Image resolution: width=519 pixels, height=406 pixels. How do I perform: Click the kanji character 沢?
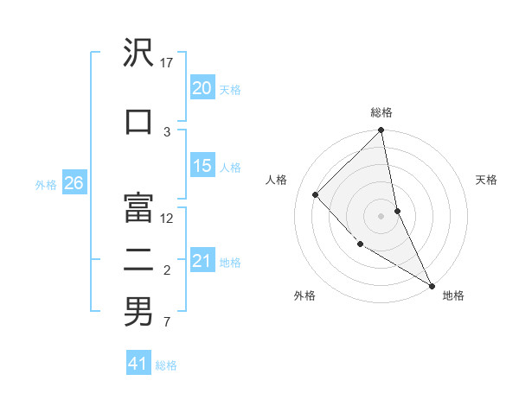[x=138, y=54]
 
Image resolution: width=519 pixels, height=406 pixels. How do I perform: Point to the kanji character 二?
[x=138, y=257]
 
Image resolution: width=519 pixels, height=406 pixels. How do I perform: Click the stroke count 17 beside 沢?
[x=167, y=63]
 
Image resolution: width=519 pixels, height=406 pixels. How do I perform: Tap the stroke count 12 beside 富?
[x=167, y=219]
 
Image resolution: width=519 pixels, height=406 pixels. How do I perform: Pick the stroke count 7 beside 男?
[x=167, y=323]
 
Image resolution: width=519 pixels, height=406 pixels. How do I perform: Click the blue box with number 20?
[x=202, y=87]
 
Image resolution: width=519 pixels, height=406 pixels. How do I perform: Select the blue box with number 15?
[x=202, y=166]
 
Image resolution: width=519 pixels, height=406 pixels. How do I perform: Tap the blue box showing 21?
[x=202, y=261]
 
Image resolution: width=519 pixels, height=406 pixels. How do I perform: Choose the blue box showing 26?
[x=74, y=183]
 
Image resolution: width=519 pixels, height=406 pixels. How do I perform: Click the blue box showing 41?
[x=138, y=364]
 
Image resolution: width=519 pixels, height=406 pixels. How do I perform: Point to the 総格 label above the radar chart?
[x=381, y=112]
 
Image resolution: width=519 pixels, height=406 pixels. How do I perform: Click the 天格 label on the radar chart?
[x=486, y=180]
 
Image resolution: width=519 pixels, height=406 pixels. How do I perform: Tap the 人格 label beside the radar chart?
[x=276, y=180]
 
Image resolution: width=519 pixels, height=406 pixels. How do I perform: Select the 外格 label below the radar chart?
[x=304, y=295]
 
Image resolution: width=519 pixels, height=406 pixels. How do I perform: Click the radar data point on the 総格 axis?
[x=381, y=131]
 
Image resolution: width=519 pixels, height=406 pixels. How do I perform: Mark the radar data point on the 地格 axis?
[x=431, y=285]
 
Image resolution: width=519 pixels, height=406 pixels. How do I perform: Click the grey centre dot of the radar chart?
[x=381, y=216]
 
